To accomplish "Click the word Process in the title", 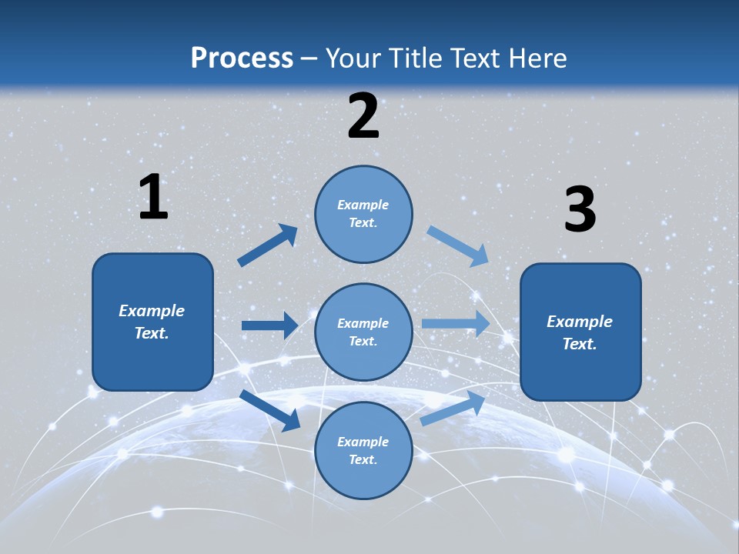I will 242,58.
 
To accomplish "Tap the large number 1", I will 153,198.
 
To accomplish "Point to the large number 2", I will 363,116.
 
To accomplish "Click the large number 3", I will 580,210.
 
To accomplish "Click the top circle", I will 363,214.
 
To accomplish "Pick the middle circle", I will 363,332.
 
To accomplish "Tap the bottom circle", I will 363,450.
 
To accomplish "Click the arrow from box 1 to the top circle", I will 268,245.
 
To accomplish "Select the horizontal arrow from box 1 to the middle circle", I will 269,325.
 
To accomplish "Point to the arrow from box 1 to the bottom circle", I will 270,410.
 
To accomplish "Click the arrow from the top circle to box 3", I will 458,245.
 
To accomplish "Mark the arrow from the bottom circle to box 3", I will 453,408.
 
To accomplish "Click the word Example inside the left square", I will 152,311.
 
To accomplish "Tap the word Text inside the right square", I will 579,344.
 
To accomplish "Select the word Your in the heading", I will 352,58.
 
